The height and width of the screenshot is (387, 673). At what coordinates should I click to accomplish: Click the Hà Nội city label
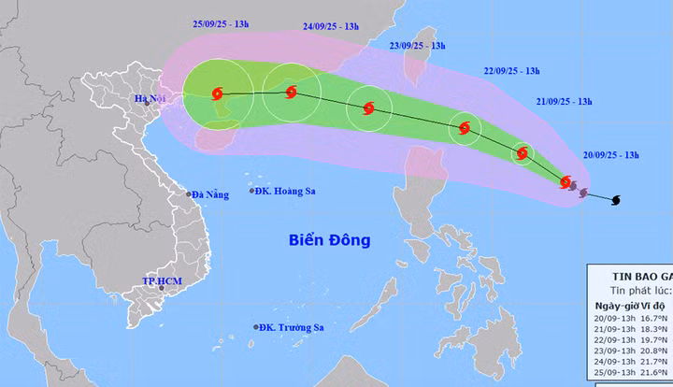(x=150, y=98)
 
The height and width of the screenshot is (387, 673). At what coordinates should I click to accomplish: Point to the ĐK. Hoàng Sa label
(x=287, y=191)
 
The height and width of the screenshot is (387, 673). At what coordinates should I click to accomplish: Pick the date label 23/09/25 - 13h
(x=418, y=45)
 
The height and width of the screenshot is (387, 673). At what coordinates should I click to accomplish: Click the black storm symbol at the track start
(x=616, y=200)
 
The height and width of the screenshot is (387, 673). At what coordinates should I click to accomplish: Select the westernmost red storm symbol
(x=218, y=93)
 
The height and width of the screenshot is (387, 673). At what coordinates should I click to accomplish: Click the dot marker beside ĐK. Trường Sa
(x=255, y=326)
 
